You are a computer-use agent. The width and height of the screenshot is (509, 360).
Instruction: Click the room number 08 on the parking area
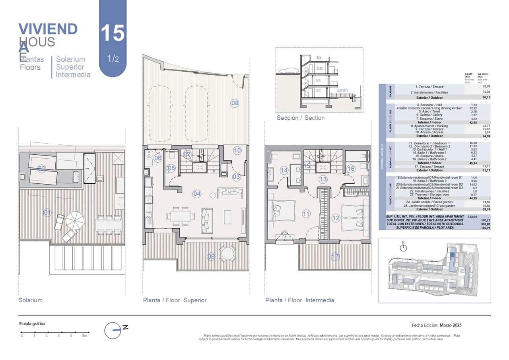(235, 103)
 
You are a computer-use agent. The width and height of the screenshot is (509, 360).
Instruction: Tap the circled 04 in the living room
(197, 194)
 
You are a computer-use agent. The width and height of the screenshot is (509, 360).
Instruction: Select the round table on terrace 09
(228, 254)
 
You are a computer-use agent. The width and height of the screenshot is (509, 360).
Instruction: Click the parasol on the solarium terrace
(75, 220)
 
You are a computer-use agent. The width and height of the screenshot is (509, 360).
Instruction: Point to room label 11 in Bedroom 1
(306, 214)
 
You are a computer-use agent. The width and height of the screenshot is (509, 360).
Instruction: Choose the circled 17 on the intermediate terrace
(336, 257)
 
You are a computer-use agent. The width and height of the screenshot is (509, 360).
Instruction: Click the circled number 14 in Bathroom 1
(284, 171)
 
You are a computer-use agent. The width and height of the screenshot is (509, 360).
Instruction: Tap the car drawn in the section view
(288, 71)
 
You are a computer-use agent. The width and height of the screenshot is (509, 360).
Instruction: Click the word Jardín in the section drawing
(342, 90)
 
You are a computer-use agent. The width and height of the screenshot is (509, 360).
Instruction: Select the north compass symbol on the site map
(404, 247)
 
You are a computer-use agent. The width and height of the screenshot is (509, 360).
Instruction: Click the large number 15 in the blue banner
(113, 33)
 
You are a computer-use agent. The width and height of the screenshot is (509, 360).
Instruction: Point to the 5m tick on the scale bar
(84, 332)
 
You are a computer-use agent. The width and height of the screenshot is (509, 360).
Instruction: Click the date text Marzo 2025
(451, 325)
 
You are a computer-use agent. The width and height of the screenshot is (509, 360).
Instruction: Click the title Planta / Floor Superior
(175, 300)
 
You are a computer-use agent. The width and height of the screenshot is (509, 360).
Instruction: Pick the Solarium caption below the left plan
(30, 300)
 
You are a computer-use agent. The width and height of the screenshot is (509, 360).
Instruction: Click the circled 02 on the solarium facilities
(42, 169)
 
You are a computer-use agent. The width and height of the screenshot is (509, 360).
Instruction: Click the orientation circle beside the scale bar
(113, 330)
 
